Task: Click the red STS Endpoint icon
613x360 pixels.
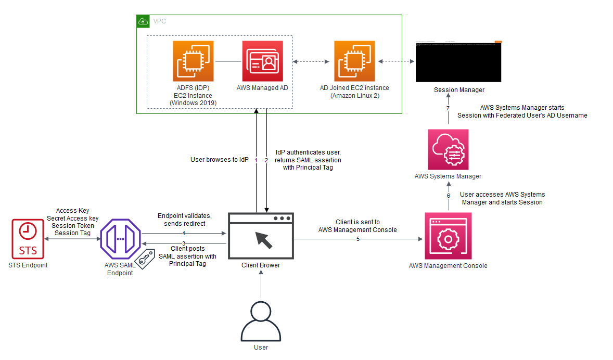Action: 28,239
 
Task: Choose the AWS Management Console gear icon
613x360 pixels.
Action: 448,235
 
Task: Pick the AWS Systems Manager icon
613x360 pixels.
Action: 448,149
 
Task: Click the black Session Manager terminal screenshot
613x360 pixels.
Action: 458,61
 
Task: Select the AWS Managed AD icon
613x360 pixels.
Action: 262,61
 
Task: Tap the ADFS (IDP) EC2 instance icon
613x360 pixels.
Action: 193,61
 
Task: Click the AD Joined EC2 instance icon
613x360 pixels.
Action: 354,61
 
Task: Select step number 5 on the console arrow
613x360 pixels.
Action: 358,239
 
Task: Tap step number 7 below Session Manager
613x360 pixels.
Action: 448,108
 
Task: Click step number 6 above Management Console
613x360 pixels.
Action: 448,196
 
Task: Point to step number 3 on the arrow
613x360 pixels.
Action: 184,243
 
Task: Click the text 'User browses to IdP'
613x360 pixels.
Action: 219,160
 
